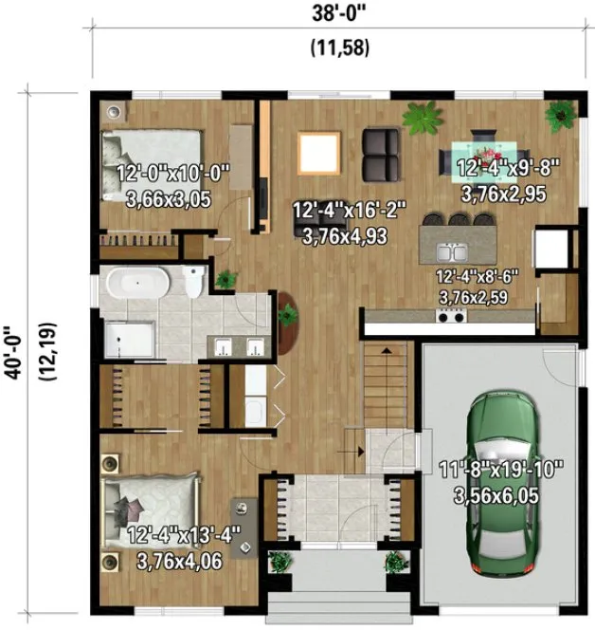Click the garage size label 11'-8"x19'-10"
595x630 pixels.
point(502,467)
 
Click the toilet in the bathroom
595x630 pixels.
point(194,282)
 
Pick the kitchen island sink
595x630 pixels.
point(449,252)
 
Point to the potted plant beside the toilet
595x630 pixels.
point(225,279)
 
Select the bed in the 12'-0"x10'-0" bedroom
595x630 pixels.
point(152,157)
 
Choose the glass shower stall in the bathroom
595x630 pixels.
point(128,337)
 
